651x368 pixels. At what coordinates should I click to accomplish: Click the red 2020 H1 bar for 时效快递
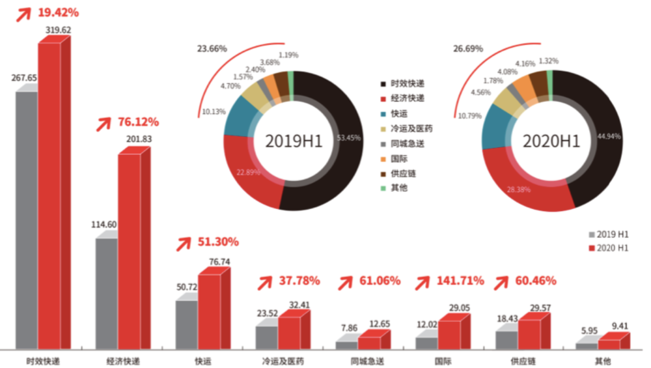[x=49, y=195]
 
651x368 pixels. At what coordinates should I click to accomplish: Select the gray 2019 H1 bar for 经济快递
[x=106, y=293]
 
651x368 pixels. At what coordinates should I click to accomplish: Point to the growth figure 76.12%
[x=138, y=122]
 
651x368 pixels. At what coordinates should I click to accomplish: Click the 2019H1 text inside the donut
[x=294, y=141]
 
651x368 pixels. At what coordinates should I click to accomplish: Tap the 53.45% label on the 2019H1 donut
[x=349, y=138]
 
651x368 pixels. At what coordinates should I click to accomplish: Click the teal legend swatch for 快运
[x=384, y=113]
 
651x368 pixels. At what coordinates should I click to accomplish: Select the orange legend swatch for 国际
[x=384, y=158]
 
